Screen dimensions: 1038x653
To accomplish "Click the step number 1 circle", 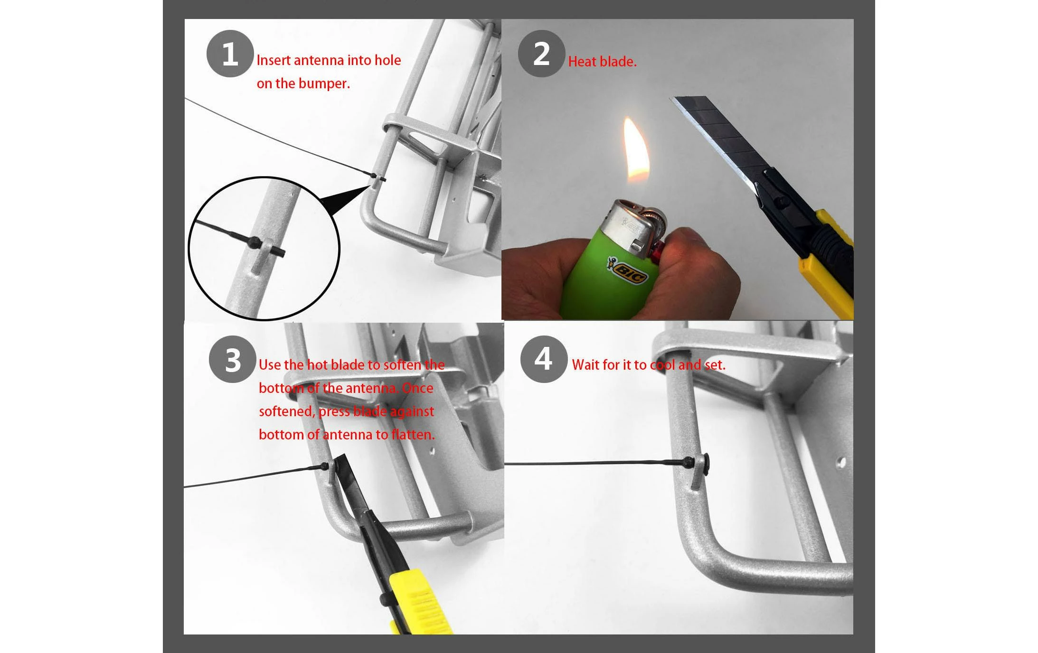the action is (x=230, y=54).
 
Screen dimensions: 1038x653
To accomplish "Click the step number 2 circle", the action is (x=541, y=54).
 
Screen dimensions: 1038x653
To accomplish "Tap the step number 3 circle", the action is (x=233, y=359).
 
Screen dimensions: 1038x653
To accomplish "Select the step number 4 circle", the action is (x=544, y=359).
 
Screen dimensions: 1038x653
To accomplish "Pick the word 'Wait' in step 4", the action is (x=585, y=365).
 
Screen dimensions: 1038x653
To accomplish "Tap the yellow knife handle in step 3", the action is (x=418, y=601).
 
